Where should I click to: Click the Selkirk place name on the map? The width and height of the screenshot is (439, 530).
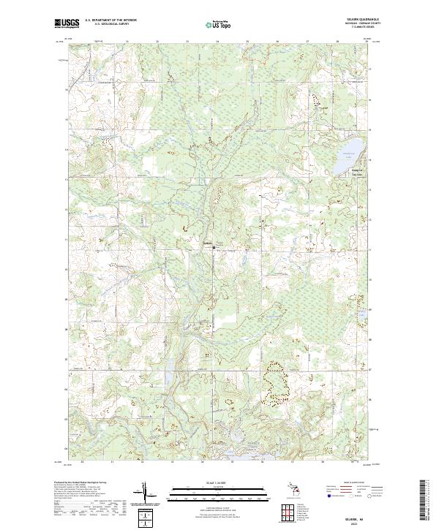coord(208,244)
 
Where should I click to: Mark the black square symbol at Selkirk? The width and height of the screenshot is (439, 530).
coord(214,249)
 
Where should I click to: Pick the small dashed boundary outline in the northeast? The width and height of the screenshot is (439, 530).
coord(316,99)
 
